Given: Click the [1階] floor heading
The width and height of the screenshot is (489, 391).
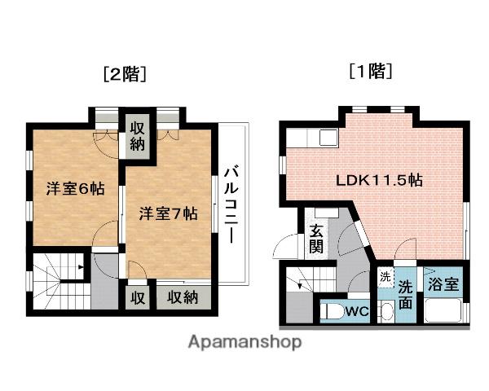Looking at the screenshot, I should coord(371,72).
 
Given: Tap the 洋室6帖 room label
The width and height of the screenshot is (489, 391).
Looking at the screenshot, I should coord(74,188).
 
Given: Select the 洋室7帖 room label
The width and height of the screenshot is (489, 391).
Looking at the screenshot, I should coord(167,213).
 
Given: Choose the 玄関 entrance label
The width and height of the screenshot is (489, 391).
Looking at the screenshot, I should coord(315,236).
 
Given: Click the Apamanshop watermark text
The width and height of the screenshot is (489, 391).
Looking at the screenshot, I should coord(245,342).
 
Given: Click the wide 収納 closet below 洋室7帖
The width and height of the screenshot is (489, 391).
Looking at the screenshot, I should coord(183,297).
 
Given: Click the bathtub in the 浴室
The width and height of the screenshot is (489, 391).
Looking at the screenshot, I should coord(444,311).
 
